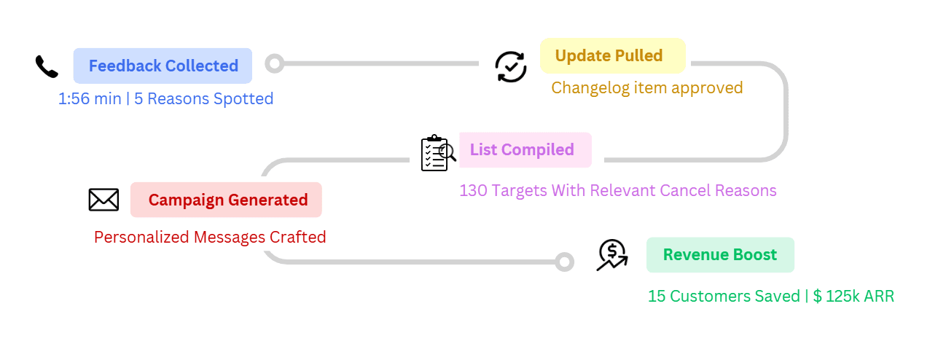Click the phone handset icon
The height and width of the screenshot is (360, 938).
tap(47, 66)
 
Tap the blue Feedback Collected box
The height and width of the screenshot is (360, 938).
tap(163, 66)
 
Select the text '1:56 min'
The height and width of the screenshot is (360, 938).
tap(90, 99)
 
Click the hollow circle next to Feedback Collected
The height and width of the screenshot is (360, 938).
tap(275, 63)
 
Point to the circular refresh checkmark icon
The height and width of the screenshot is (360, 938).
tap(511, 66)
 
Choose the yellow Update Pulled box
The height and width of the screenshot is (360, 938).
tap(613, 55)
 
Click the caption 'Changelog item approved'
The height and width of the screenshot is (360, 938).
tap(647, 88)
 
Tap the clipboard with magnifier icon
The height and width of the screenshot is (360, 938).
tap(438, 153)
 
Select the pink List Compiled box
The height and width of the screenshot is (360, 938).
tap(525, 150)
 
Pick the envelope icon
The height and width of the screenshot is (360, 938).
tap(103, 200)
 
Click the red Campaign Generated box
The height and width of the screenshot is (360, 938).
tap(226, 200)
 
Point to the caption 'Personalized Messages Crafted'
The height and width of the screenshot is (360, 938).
tap(210, 238)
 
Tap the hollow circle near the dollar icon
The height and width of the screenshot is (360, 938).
tap(564, 262)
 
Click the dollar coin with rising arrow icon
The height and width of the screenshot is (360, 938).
tap(612, 255)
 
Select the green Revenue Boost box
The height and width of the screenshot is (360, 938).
tap(720, 255)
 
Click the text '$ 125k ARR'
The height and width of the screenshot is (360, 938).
tap(853, 297)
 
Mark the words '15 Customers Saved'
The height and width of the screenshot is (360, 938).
tap(724, 297)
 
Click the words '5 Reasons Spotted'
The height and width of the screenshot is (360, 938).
tap(203, 99)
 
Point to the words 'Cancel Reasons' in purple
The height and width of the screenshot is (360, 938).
tap(718, 190)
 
